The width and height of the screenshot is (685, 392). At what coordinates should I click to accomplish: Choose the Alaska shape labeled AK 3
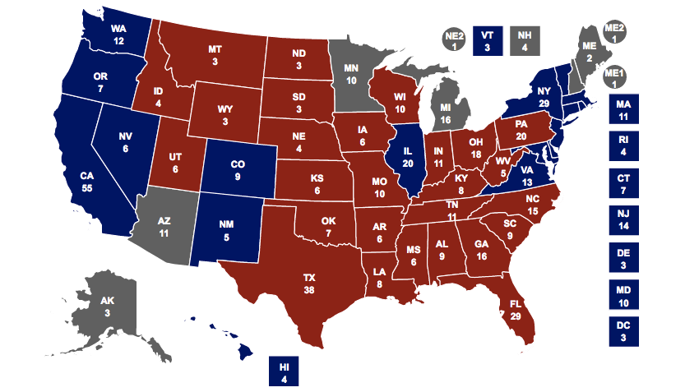click(107, 306)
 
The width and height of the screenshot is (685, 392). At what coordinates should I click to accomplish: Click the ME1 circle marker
click(614, 77)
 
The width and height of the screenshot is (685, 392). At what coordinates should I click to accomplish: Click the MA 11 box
click(624, 109)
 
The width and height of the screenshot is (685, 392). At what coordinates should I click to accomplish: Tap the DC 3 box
click(624, 331)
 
